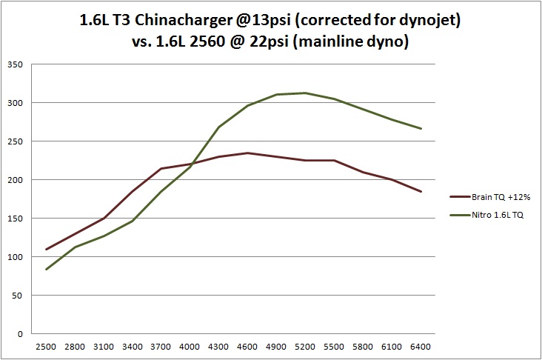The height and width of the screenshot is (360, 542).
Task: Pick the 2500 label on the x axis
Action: click(47, 347)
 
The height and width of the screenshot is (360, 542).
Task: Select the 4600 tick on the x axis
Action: click(248, 347)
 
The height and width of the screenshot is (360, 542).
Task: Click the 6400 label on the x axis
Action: click(421, 347)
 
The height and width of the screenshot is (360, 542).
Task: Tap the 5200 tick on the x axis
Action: click(306, 347)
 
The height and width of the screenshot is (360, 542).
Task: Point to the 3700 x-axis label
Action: click(161, 347)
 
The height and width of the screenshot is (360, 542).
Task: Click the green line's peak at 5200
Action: click(306, 93)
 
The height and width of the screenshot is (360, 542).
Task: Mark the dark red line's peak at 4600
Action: click(248, 153)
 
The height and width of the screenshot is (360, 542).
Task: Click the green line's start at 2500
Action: click(47, 270)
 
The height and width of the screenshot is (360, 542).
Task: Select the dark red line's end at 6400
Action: click(421, 192)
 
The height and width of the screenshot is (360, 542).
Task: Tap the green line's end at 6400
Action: click(421, 129)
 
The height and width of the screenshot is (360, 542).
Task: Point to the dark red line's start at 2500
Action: click(47, 250)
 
